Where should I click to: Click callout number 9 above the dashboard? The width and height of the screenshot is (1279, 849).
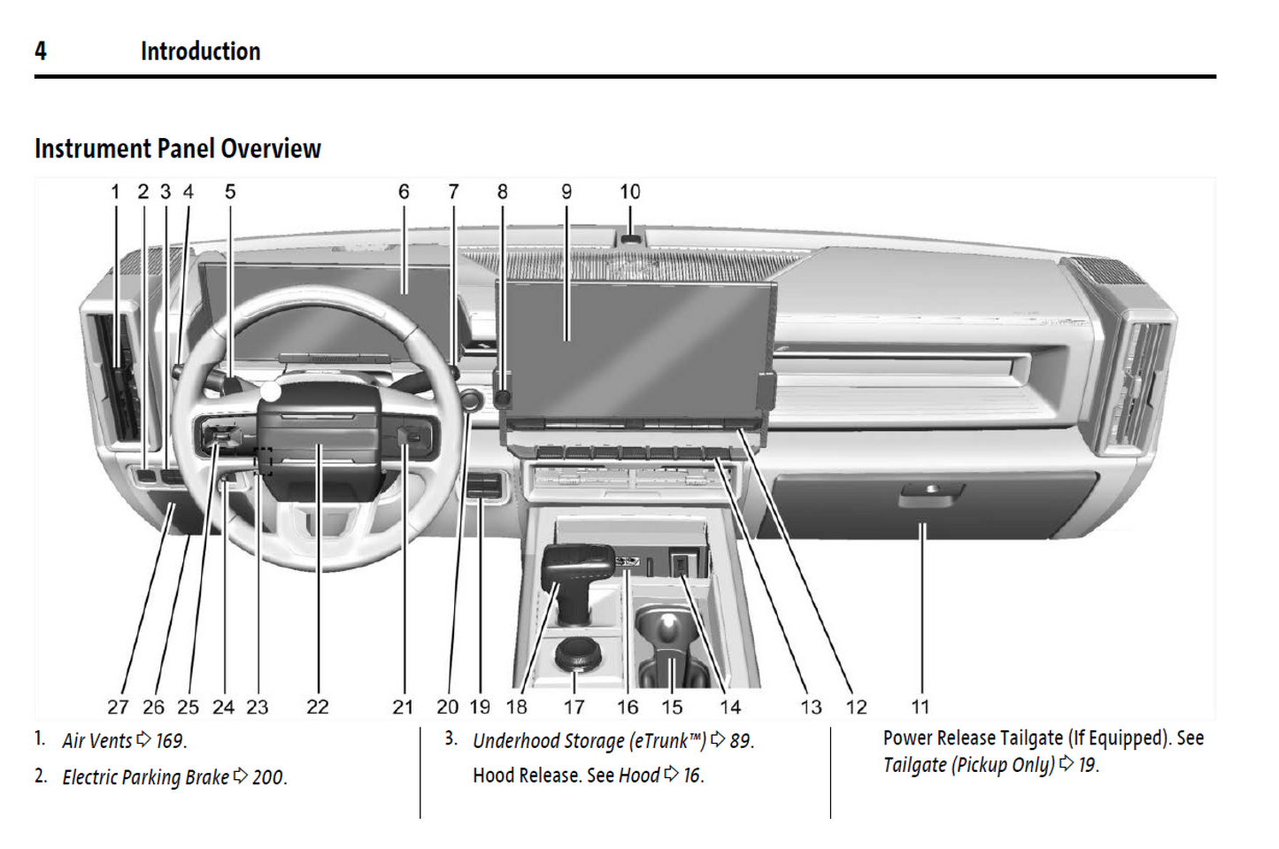[566, 191]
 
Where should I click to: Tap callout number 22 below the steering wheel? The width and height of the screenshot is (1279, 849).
[317, 706]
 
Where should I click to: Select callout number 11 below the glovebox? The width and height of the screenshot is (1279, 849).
[921, 706]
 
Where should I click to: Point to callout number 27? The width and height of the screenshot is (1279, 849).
[118, 706]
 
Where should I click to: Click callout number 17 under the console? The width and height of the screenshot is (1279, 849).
[574, 706]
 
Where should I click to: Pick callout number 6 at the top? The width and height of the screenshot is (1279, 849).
[404, 191]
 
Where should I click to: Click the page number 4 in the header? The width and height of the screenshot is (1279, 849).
[41, 51]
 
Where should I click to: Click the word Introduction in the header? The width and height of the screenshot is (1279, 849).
[200, 51]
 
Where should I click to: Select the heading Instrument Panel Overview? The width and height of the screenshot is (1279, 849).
[178, 149]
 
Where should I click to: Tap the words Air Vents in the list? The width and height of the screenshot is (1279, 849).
[96, 741]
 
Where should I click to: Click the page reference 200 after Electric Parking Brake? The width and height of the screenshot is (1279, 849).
[267, 777]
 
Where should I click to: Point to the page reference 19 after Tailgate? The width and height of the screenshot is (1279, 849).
[1087, 765]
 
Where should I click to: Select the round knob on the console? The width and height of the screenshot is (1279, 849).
[577, 653]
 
